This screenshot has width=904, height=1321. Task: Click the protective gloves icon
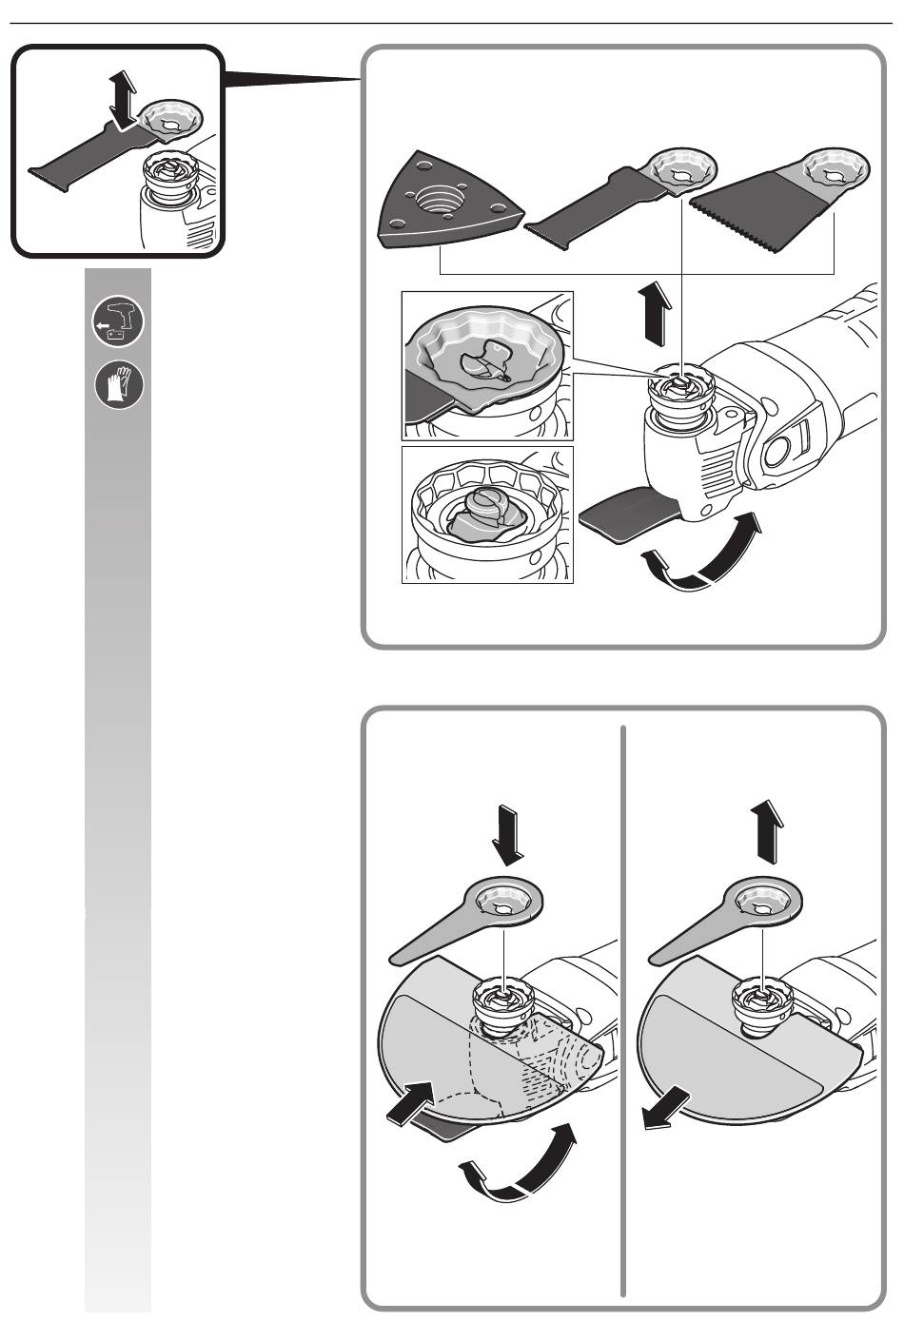[x=119, y=385]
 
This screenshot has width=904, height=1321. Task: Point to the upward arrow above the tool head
[x=657, y=311]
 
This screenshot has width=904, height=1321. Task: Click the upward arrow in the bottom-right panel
[x=765, y=829]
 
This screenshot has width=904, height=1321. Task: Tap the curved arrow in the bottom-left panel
[x=521, y=1165]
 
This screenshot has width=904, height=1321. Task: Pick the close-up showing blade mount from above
[x=487, y=365]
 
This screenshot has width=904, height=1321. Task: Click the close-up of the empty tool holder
[x=487, y=515]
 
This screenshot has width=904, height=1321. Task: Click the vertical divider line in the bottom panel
[x=624, y=1008]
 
